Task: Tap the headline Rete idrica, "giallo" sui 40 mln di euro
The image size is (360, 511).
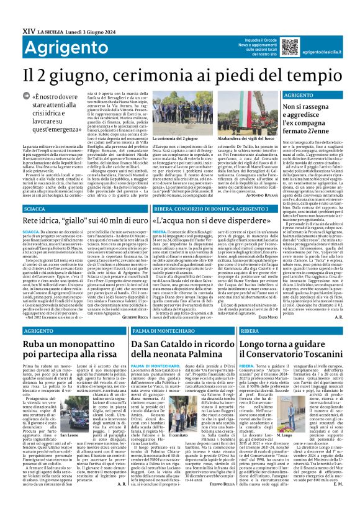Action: click(x=77, y=221)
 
